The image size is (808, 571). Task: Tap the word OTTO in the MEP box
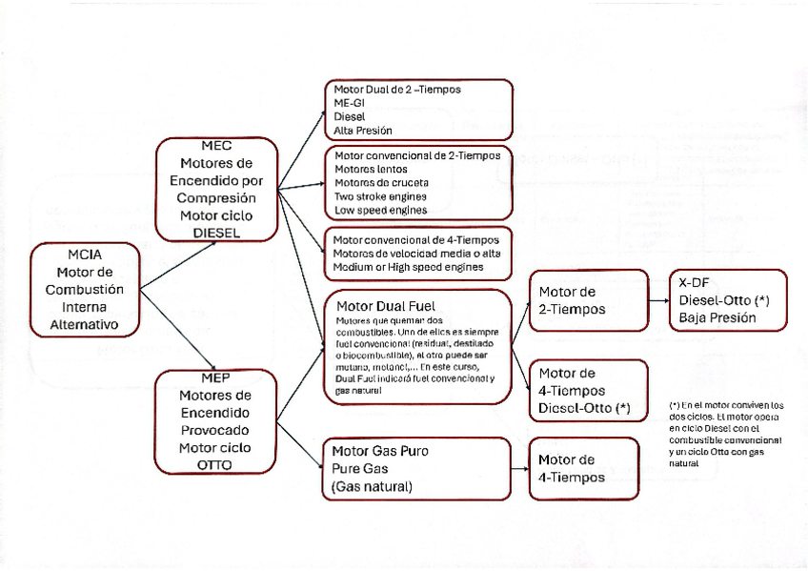(x=216, y=464)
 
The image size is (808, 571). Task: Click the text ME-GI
(x=350, y=102)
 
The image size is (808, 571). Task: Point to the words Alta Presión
(x=362, y=130)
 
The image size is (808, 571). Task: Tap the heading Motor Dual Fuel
(x=386, y=305)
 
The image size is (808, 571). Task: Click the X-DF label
(x=694, y=282)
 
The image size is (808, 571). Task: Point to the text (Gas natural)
(x=372, y=486)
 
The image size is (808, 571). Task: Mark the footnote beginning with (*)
(x=726, y=434)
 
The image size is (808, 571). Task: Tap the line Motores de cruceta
(x=381, y=182)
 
